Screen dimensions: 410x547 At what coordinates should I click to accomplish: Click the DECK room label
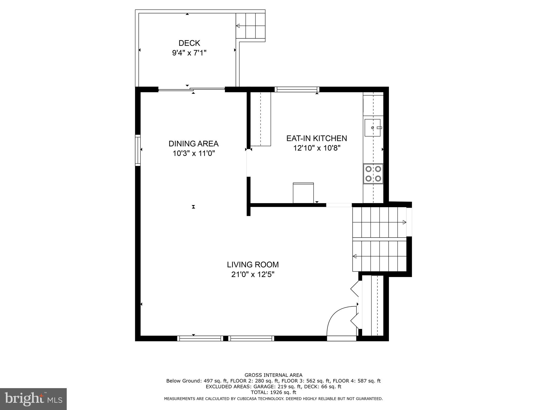tap(189, 43)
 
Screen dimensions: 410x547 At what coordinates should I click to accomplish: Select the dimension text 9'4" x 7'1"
tap(189, 53)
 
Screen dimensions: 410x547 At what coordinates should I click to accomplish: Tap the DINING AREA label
tap(193, 144)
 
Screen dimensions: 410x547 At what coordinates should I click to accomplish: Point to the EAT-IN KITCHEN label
tap(317, 138)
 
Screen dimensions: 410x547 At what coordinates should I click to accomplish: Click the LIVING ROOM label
tap(253, 265)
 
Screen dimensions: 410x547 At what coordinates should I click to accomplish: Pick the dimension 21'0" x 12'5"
tap(253, 274)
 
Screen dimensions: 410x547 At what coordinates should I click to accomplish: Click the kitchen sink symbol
tap(372, 128)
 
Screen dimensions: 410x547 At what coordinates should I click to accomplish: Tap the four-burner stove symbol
tap(373, 174)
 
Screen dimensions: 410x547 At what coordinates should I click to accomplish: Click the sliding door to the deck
tap(192, 89)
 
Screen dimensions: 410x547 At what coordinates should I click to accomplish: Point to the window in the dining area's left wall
tap(138, 150)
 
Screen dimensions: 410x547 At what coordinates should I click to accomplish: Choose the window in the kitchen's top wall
tap(297, 89)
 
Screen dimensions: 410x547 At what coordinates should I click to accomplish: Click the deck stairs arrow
tap(238, 26)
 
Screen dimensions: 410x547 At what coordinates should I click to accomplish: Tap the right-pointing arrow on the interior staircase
tap(404, 222)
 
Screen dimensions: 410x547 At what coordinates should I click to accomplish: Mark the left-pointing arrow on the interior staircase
tap(355, 256)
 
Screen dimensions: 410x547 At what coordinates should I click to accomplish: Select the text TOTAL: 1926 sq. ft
tap(273, 392)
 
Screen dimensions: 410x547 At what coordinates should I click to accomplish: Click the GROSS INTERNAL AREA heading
tap(273, 375)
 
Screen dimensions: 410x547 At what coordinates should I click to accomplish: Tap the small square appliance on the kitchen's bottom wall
tap(303, 193)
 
